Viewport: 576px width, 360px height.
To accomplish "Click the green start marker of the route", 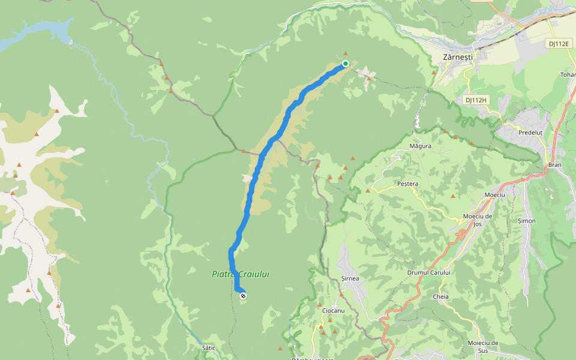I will coord(346,64).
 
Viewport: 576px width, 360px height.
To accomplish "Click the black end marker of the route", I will coord(243,296).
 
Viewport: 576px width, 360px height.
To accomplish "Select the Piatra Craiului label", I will coord(241,274).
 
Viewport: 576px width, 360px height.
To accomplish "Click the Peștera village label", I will coord(407,183).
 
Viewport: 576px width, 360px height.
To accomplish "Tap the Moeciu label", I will coord(495,195).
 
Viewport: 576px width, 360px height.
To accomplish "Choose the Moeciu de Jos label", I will coord(478,220).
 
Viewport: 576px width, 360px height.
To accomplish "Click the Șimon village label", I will coord(526,221).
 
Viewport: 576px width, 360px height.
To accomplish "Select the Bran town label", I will coord(554,164).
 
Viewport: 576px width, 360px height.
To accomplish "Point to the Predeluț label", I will coord(530,133).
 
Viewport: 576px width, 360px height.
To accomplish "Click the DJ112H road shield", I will coord(476,100).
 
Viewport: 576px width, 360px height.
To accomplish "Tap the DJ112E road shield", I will coord(557,43).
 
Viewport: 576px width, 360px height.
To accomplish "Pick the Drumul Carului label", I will coord(428,272).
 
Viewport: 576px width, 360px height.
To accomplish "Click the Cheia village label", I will coord(440,296).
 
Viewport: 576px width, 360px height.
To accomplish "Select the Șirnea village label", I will coord(350,278).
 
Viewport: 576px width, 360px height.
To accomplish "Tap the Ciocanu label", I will coord(333,311).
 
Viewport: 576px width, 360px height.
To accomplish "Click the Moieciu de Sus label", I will coord(483,347).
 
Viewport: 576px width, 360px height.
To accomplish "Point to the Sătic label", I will coord(209,347).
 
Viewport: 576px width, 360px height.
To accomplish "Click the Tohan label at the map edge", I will coord(568,75).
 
